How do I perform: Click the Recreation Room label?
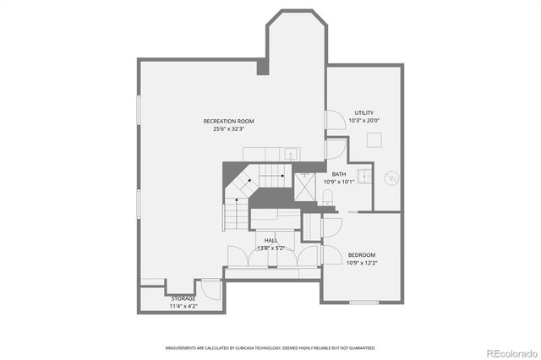point(228,121)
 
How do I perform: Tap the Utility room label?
point(363,112)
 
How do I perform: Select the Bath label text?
point(338,173)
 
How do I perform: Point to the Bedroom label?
point(362,254)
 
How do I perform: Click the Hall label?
point(270,240)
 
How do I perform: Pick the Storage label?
point(183,298)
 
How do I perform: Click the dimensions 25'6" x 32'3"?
point(228,129)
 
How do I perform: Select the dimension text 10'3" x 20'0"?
point(363,120)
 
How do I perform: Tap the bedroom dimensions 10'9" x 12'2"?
point(362,262)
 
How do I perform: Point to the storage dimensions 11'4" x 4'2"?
point(183,305)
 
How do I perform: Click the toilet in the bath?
point(329,198)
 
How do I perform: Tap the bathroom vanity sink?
point(364,176)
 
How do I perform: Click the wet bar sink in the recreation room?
point(290,154)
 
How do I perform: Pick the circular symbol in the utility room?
point(390,178)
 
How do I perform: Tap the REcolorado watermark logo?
point(510,352)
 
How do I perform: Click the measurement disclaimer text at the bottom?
point(270,347)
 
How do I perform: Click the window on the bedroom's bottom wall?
point(363,303)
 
